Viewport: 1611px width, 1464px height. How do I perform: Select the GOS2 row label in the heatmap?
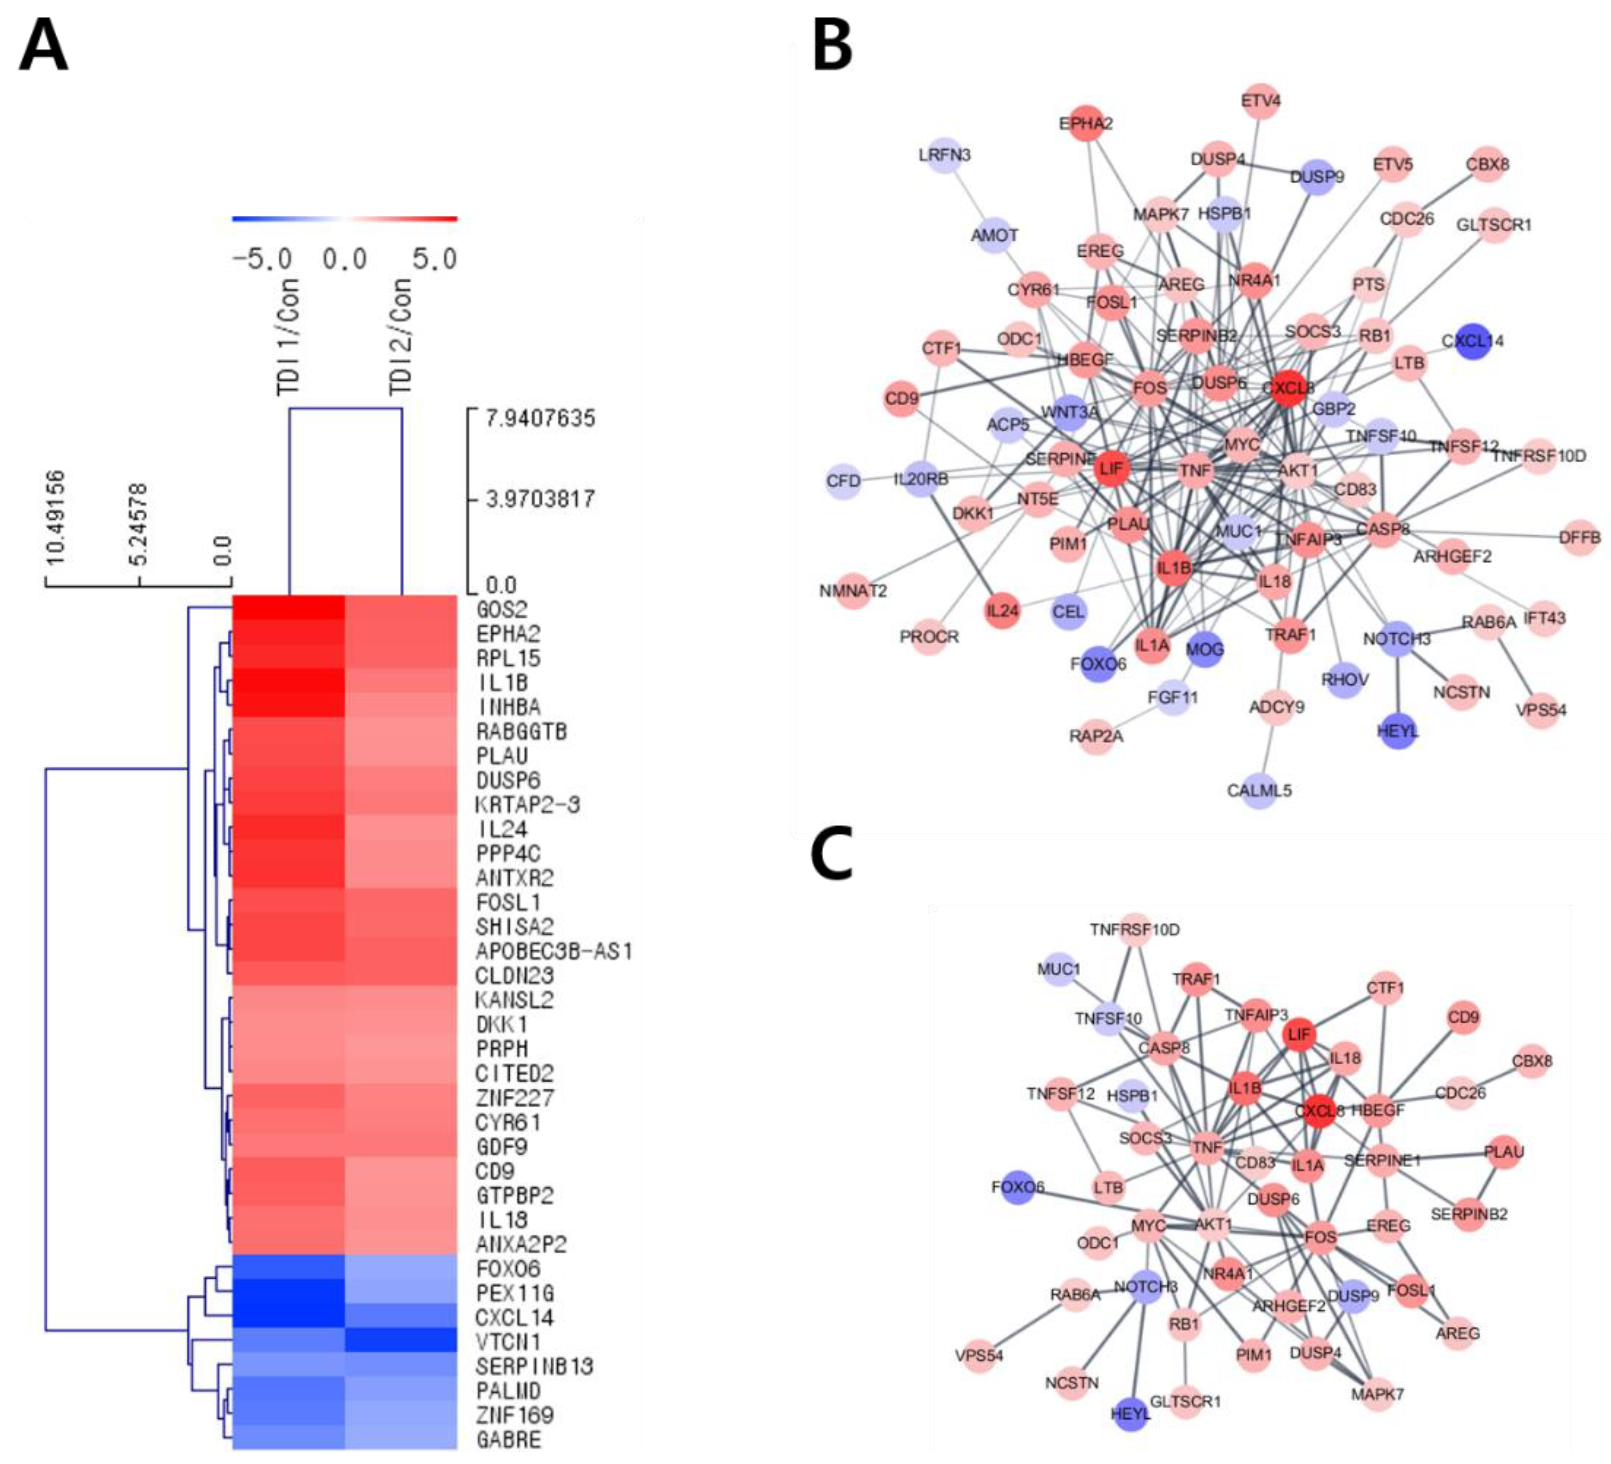502,610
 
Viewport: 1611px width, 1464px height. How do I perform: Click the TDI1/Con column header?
288,336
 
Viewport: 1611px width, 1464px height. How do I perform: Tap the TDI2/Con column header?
400,336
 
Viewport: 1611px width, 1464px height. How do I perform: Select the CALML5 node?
1259,790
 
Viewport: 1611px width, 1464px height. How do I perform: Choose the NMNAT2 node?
854,591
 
